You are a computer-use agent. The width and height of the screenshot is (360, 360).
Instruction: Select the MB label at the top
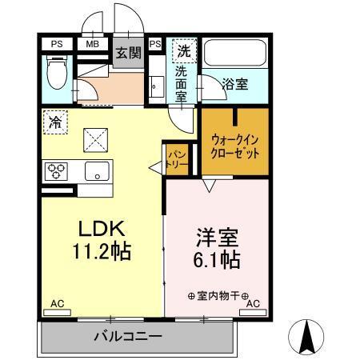pos(93,44)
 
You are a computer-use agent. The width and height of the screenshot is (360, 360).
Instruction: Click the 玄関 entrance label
pos(127,54)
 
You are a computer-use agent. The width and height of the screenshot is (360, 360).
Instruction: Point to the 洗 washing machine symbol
pos(184,50)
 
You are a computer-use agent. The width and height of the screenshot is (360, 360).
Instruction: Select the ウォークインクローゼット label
pos(234,144)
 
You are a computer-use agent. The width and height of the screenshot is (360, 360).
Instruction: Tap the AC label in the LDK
pos(57,304)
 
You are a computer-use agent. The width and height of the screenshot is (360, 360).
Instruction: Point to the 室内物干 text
pos(218,295)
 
